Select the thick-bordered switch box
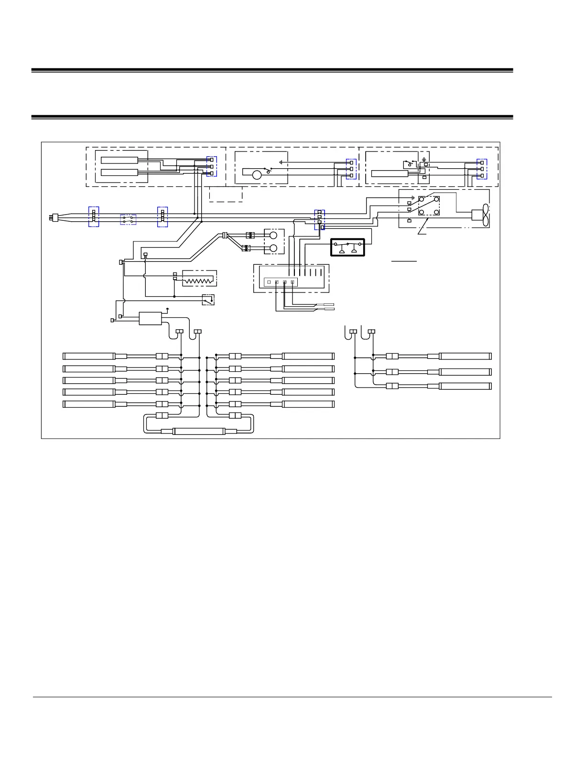(347, 248)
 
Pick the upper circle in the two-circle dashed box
(273, 236)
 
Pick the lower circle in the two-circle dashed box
(273, 248)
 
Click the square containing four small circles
(429, 205)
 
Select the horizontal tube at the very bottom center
(198, 432)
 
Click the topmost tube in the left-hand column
(89, 356)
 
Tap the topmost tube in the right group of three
(465, 356)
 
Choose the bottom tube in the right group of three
(465, 386)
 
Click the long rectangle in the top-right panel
(390, 173)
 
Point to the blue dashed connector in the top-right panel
(482, 169)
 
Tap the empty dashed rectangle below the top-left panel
(226, 195)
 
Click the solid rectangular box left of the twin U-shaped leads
(151, 318)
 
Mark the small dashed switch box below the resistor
(208, 300)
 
